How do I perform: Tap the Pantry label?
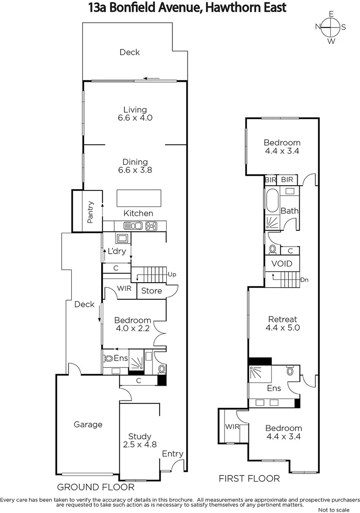(91, 212)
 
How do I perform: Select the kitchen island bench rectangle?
(139, 197)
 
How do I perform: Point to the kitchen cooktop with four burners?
(152, 226)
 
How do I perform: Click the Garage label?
(88, 424)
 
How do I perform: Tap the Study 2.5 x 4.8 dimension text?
(140, 445)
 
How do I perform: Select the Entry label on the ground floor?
(172, 454)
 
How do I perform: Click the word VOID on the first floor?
(282, 264)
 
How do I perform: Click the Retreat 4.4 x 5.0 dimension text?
(283, 327)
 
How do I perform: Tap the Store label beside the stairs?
(152, 291)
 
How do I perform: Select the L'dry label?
(117, 251)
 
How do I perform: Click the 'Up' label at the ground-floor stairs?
(172, 275)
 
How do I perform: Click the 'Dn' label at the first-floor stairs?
(304, 280)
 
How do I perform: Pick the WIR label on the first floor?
(232, 426)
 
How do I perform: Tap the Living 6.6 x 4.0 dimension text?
(135, 118)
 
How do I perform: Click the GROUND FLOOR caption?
(95, 487)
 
